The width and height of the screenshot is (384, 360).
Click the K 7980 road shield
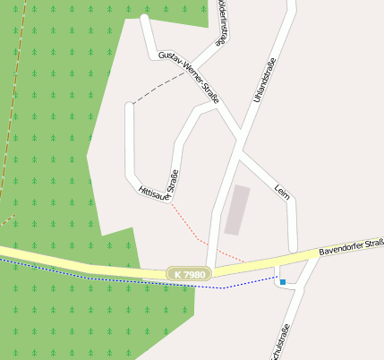click(189, 273)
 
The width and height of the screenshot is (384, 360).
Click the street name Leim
click(282, 193)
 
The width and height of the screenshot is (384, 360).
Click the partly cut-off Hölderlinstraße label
click(221, 22)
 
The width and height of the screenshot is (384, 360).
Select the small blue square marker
click(283, 282)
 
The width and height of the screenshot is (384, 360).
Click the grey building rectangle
click(237, 210)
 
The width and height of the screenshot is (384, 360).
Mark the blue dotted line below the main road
click(134, 280)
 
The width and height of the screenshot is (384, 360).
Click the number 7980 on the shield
click(195, 273)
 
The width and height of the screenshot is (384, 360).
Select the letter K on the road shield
click(178, 273)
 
